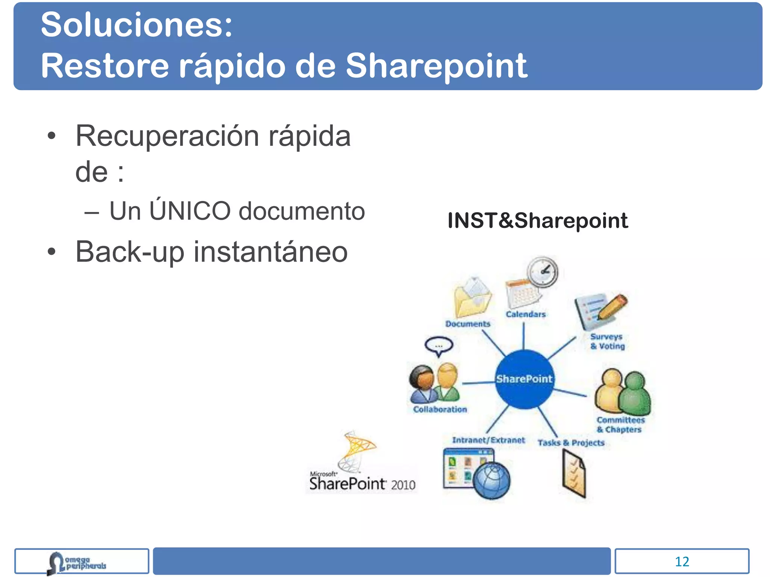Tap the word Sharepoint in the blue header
436,66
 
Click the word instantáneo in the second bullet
270,252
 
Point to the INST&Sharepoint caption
537,221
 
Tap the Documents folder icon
471,299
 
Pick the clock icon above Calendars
542,272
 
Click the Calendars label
525,314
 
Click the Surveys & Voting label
607,341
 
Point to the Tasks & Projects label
571,443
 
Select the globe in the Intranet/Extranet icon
492,481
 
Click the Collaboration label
440,409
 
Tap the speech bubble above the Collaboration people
439,346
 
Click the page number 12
682,562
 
